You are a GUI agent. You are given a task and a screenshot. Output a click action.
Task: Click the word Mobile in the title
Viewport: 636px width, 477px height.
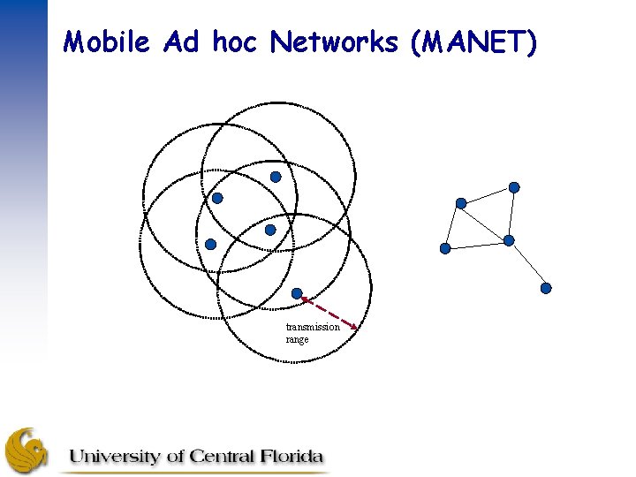point(108,42)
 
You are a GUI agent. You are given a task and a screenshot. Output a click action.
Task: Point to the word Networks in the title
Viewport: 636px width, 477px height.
point(335,42)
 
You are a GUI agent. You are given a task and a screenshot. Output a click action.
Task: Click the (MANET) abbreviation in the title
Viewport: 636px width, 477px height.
point(473,42)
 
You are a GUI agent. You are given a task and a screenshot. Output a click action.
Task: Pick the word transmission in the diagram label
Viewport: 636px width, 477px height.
point(313,327)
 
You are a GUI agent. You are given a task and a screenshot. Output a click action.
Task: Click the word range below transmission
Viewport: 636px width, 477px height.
point(298,339)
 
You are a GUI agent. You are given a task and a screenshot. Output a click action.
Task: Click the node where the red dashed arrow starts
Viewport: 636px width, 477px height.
point(298,293)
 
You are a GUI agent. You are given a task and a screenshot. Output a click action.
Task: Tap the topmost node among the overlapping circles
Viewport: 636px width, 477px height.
point(276,177)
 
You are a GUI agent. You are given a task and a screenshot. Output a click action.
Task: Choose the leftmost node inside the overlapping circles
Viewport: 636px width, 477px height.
point(210,244)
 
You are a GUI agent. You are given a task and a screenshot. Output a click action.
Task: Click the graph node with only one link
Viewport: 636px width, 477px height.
point(546,288)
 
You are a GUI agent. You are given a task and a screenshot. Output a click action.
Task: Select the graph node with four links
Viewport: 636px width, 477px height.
point(509,240)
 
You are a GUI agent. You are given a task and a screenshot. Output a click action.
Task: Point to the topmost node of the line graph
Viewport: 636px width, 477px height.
point(514,187)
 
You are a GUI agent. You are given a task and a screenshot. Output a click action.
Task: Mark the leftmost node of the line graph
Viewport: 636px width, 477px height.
point(445,249)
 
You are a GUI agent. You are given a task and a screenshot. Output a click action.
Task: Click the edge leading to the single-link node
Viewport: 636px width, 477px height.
point(527,264)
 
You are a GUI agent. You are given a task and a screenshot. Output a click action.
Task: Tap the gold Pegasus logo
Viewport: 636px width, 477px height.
point(26,450)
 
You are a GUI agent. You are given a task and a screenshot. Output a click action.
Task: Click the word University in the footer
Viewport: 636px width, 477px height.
point(115,457)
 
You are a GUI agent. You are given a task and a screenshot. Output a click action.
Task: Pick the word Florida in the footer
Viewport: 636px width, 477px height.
point(291,457)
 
